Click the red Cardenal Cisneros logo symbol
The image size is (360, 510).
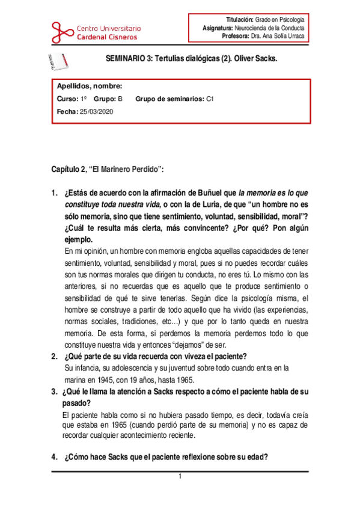[63, 30]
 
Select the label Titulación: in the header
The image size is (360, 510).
[239, 20]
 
